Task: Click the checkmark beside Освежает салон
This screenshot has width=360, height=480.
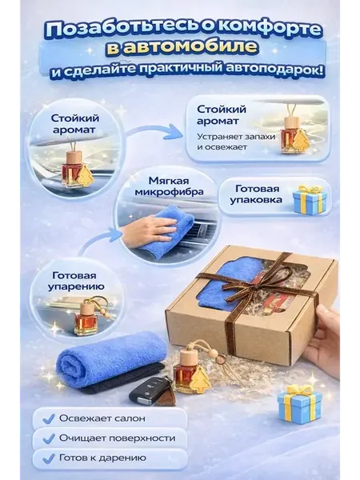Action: tap(49, 418)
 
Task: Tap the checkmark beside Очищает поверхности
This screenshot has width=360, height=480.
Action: tap(49, 438)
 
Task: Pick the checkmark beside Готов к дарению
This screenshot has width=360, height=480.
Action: tap(49, 458)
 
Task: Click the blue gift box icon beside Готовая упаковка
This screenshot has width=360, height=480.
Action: tap(309, 199)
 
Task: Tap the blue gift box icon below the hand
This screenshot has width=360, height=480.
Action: tap(299, 403)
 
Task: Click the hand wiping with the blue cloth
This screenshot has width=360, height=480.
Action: tap(150, 227)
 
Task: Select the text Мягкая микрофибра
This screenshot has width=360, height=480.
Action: tap(169, 186)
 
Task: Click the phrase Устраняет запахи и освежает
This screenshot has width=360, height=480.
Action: tap(236, 142)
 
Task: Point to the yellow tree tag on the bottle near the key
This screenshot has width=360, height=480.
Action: tap(199, 380)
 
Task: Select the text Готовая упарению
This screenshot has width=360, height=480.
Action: tap(76, 281)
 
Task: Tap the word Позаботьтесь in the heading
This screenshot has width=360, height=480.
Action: tap(122, 30)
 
